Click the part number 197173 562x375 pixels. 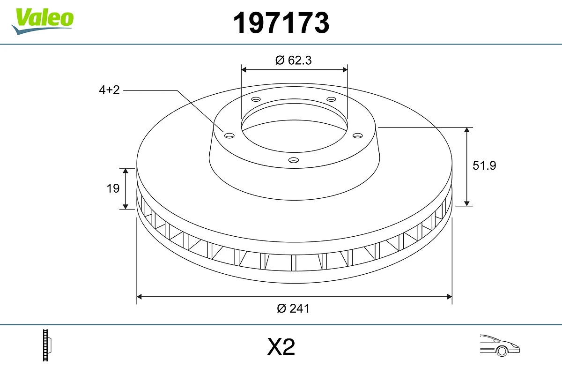281,22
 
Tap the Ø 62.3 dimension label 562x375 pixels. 294,60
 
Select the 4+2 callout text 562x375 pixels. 109,90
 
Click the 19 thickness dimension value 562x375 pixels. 113,188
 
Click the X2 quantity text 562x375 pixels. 281,347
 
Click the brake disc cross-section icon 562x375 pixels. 47,345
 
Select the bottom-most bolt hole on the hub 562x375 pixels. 294,160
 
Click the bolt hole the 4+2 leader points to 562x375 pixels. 229,135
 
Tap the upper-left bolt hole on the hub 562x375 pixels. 256,99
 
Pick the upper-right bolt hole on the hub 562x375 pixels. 332,99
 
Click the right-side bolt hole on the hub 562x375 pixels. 358,135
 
